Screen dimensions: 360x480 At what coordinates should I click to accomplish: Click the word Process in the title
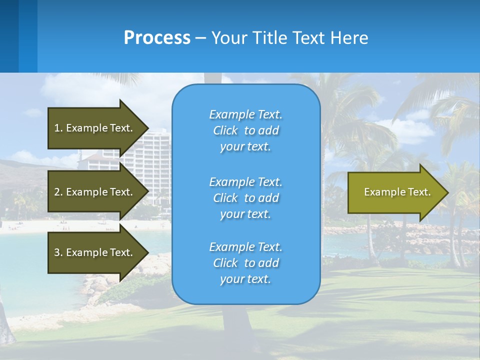(x=157, y=38)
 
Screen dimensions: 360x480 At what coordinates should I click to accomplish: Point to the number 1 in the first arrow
(x=57, y=128)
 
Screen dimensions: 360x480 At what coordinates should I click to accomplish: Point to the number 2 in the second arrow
(x=57, y=192)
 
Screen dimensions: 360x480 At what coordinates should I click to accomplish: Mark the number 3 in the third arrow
(x=57, y=252)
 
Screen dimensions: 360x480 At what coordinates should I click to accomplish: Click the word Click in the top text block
(x=225, y=130)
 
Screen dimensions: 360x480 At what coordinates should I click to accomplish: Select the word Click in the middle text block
(x=225, y=198)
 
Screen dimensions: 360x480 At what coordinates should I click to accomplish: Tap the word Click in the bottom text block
(x=225, y=263)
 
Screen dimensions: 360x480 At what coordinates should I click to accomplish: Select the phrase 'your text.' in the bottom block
(x=245, y=279)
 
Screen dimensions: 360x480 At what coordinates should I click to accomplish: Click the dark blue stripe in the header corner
(x=9, y=36)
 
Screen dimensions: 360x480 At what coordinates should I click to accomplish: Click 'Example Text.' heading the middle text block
(x=245, y=182)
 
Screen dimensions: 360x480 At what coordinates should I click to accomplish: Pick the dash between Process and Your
(x=200, y=38)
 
